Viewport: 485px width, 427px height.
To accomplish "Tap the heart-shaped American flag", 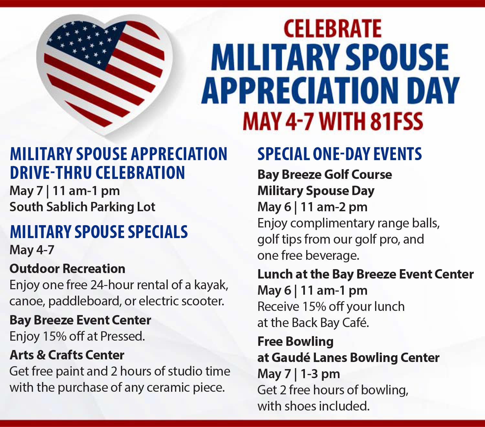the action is click(x=104, y=75).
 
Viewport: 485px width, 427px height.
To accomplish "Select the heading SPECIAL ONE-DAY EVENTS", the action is click(x=339, y=154).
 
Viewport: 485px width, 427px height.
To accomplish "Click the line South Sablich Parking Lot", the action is click(x=82, y=207).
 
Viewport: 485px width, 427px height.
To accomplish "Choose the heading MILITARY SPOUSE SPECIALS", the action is click(x=99, y=232).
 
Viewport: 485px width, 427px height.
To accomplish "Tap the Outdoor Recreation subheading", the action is click(x=67, y=268).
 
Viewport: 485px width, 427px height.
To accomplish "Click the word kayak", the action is click(x=211, y=285).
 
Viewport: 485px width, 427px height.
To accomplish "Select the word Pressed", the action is click(x=123, y=336).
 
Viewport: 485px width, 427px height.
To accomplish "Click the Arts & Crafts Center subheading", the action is click(x=67, y=355).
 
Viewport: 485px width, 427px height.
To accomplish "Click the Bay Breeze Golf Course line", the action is click(x=325, y=175).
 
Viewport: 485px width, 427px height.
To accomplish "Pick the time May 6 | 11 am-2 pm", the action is click(x=312, y=207).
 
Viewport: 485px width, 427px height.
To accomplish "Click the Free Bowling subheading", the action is click(x=296, y=342).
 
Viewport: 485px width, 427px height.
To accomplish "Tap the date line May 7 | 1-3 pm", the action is click(x=298, y=374).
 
